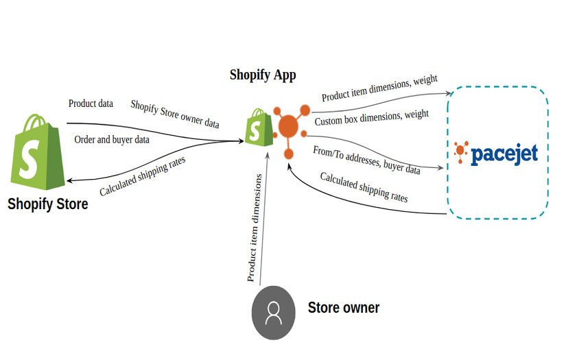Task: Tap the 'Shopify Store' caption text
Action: (x=47, y=204)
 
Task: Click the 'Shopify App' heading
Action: (x=263, y=75)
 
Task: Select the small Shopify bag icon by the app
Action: (x=257, y=127)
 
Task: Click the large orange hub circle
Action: (x=288, y=126)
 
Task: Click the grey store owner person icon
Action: (x=273, y=313)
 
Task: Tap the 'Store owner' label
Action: (x=343, y=307)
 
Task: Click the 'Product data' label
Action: (x=91, y=104)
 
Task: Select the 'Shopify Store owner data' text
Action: (x=175, y=114)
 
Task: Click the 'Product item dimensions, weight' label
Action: (x=379, y=89)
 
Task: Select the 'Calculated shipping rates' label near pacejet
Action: (x=364, y=187)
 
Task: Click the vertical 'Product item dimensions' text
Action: (x=254, y=228)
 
